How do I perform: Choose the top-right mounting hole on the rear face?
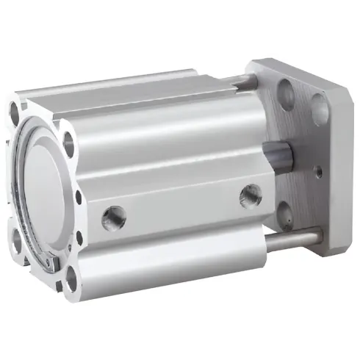click(69, 144)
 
